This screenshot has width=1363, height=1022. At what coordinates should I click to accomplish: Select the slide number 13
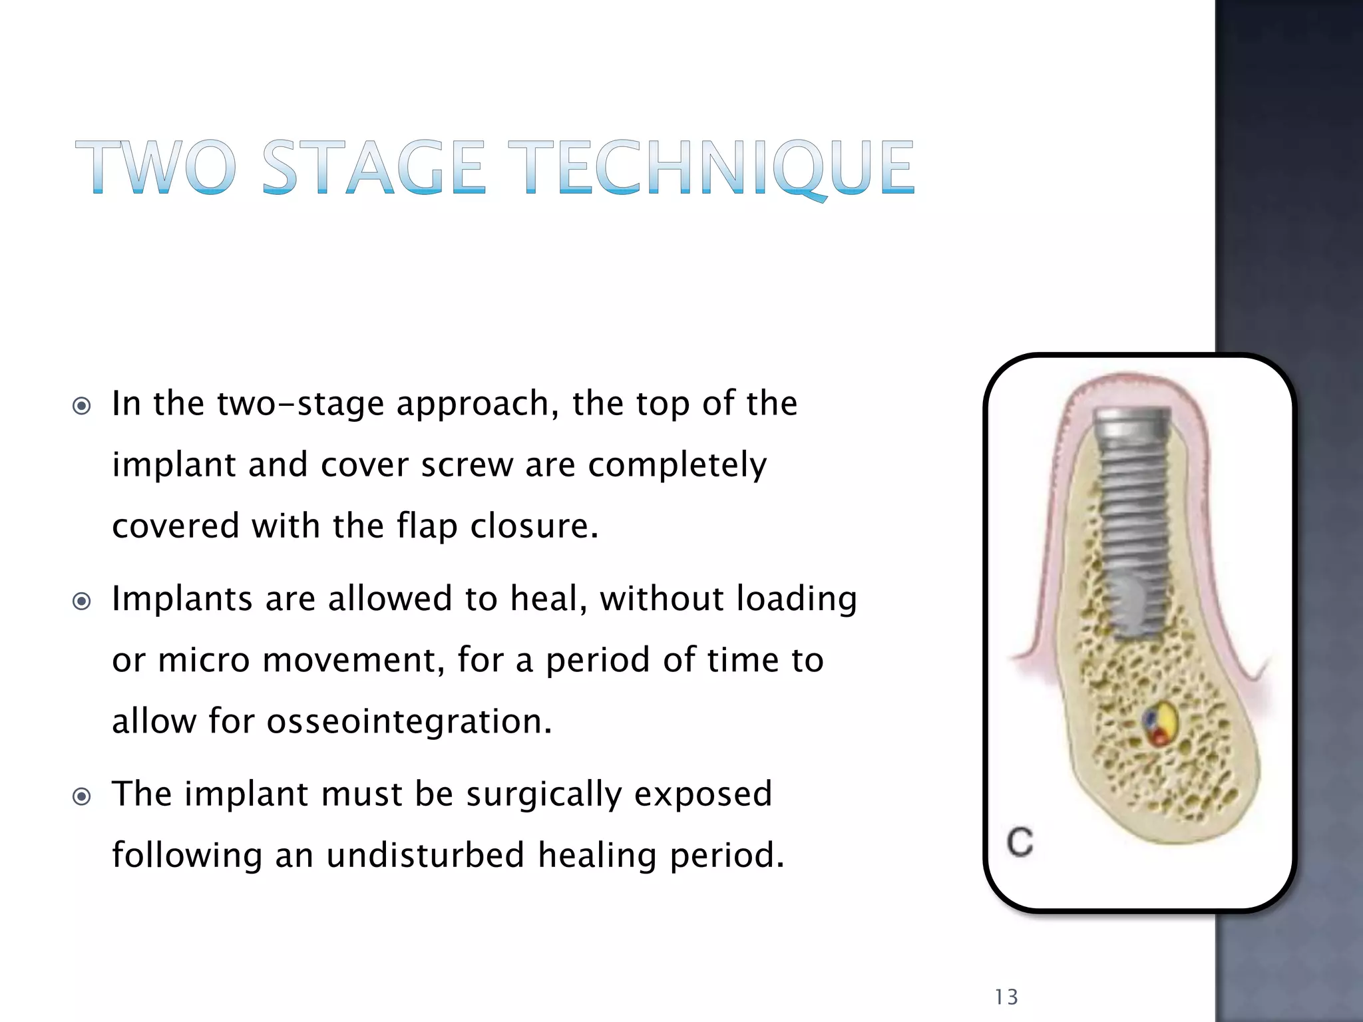coord(1006,997)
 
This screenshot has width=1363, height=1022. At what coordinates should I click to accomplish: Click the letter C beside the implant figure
coord(1020,842)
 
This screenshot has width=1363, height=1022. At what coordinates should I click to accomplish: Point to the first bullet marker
coord(81,406)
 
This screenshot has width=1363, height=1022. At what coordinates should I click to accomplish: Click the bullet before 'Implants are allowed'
coord(81,601)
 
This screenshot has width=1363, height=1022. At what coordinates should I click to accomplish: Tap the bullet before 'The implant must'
coord(81,796)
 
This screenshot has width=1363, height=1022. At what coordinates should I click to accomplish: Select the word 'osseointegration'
coord(409,721)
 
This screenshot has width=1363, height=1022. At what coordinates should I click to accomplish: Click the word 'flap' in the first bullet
coord(427,526)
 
